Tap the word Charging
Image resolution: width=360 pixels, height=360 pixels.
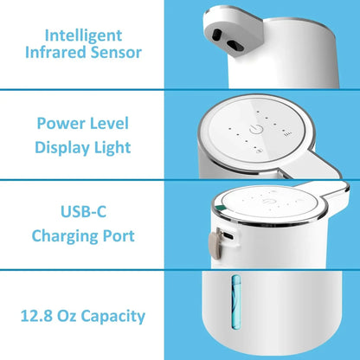[65, 235]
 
